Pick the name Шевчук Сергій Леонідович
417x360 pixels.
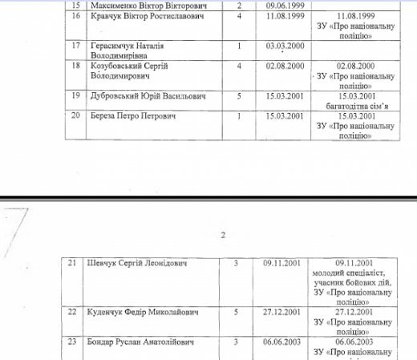click(x=129, y=262)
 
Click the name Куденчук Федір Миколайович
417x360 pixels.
click(x=132, y=311)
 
